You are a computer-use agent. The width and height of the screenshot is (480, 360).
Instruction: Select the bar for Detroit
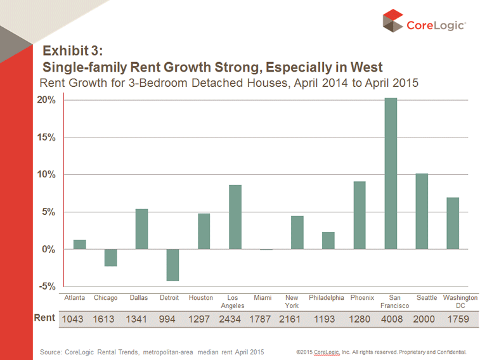click(x=172, y=264)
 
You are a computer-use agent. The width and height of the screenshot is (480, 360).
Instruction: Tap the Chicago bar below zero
click(x=110, y=257)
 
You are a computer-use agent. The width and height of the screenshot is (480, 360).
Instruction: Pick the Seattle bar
click(x=422, y=211)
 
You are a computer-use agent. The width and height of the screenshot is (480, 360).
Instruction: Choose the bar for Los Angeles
click(x=235, y=217)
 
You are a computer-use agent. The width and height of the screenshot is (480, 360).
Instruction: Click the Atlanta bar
click(x=79, y=245)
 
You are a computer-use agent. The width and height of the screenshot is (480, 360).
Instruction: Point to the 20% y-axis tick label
click(x=50, y=100)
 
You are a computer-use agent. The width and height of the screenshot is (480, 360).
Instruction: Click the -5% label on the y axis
click(x=51, y=286)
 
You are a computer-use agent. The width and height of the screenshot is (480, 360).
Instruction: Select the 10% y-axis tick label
click(x=50, y=175)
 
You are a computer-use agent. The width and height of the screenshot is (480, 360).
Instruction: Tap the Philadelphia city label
click(x=327, y=297)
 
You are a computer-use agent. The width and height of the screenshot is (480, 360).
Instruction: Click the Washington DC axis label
click(x=460, y=301)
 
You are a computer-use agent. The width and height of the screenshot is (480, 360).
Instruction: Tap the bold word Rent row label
click(x=44, y=318)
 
